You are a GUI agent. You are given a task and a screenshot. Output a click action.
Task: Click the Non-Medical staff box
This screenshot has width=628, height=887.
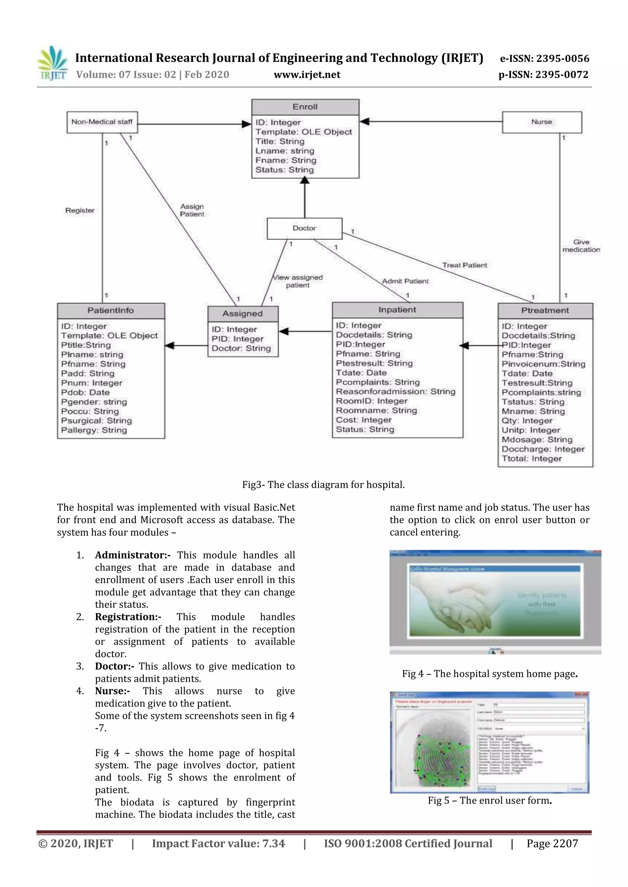click(102, 122)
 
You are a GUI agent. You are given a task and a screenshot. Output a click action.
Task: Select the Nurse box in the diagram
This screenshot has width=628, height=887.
click(542, 122)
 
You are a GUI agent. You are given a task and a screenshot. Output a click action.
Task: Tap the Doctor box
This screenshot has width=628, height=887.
click(304, 228)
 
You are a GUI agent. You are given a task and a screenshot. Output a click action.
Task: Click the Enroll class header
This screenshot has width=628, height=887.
click(305, 107)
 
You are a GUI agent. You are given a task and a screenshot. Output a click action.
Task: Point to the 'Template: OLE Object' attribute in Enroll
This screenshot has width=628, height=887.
click(304, 132)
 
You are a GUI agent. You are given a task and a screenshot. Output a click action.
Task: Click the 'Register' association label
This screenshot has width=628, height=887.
click(80, 210)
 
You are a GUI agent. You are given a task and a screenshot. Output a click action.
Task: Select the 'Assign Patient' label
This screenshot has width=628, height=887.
click(192, 210)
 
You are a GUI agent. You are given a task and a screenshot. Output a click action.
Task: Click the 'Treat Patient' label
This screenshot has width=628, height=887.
click(465, 265)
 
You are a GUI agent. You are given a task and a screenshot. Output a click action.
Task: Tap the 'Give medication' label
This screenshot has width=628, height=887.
click(581, 246)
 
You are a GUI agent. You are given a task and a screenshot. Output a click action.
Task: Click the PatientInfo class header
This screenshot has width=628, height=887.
click(111, 311)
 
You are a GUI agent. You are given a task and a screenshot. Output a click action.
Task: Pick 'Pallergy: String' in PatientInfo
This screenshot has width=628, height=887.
click(94, 430)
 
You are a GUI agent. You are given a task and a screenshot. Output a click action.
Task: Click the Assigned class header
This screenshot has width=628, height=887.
click(243, 314)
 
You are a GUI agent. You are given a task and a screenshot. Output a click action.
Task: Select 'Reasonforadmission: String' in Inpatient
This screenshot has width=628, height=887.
click(395, 391)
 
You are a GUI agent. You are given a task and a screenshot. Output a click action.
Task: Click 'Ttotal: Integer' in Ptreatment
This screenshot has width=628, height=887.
click(531, 459)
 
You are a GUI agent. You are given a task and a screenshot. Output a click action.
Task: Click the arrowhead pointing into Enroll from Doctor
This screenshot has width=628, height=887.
click(305, 181)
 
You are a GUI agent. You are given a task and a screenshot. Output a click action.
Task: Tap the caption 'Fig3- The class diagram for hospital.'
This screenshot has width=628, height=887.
click(323, 485)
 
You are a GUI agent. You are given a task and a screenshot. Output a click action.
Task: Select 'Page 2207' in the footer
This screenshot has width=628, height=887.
click(552, 843)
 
